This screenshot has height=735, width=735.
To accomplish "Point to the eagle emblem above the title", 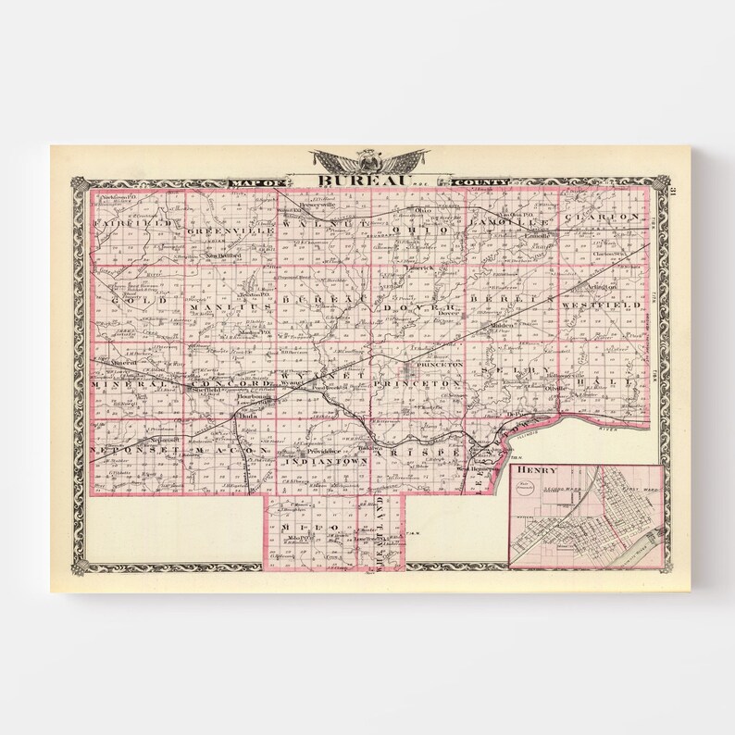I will pyautogui.click(x=368, y=159).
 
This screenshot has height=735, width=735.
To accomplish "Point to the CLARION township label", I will pyautogui.click(x=606, y=217).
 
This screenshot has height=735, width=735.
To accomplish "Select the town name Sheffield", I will pyautogui.click(x=203, y=391).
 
